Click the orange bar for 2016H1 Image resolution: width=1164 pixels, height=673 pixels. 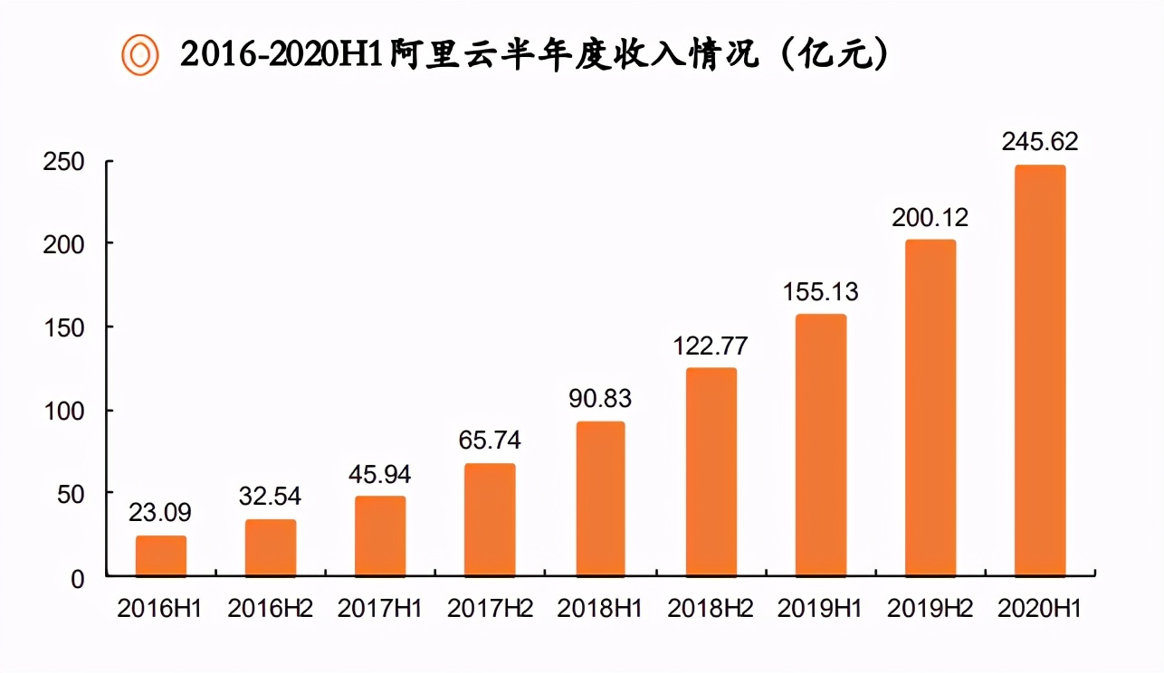[x=161, y=556]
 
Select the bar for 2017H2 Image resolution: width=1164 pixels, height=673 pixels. [x=490, y=520]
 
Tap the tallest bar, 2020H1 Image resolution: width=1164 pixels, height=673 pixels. [x=1040, y=371]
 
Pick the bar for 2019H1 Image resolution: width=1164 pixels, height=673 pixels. [x=821, y=445]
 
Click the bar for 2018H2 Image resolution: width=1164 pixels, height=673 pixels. [x=711, y=472]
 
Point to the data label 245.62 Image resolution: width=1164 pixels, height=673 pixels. [x=1040, y=142]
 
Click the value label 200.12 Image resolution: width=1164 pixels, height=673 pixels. [x=930, y=217]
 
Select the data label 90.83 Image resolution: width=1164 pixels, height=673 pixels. [x=600, y=398]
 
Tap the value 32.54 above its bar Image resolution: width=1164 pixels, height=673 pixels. [x=270, y=497]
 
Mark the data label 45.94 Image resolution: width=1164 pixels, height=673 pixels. [x=380, y=473]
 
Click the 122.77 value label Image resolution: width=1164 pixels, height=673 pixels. [x=711, y=346]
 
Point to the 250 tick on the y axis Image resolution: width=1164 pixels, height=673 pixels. [x=63, y=163]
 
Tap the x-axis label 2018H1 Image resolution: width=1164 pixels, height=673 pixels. [x=600, y=609]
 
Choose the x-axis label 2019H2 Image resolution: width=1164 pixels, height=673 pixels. [x=930, y=609]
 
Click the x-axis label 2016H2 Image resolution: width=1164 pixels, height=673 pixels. [x=270, y=609]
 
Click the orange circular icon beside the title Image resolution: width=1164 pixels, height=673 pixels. [x=140, y=55]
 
